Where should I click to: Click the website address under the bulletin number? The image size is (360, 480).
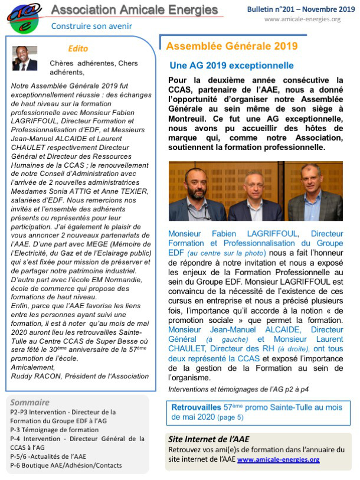[302, 19]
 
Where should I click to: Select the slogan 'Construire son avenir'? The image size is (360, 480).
[91, 26]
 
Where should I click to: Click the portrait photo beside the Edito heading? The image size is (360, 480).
[25, 58]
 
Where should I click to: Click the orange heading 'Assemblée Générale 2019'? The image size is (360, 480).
[232, 46]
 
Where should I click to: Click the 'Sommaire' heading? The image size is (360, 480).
[30, 402]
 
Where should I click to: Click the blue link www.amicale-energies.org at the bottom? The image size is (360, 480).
[279, 459]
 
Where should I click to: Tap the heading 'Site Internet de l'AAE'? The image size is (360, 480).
[208, 439]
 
